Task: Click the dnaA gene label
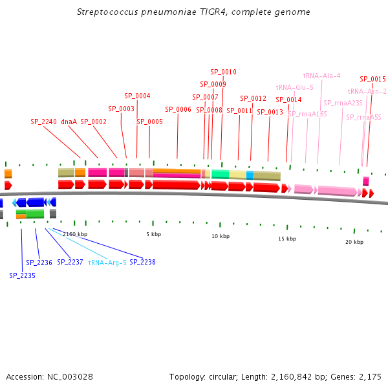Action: click(69, 122)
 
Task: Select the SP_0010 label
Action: click(224, 72)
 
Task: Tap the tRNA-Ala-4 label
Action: click(321, 76)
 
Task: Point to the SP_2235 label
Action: click(22, 275)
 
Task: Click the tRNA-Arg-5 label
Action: click(107, 263)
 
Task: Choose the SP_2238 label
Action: click(142, 262)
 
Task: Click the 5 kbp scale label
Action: click(154, 234)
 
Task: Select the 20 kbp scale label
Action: click(354, 242)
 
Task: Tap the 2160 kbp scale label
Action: click(75, 234)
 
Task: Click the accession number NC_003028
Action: click(70, 377)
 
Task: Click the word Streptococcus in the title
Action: click(107, 12)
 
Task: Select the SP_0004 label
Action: click(137, 96)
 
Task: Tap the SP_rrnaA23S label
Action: click(343, 103)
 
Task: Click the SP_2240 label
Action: click(43, 122)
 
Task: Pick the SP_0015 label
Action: click(372, 79)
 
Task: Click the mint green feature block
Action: click(221, 174)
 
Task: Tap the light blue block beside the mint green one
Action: click(250, 175)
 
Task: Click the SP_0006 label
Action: click(178, 109)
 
